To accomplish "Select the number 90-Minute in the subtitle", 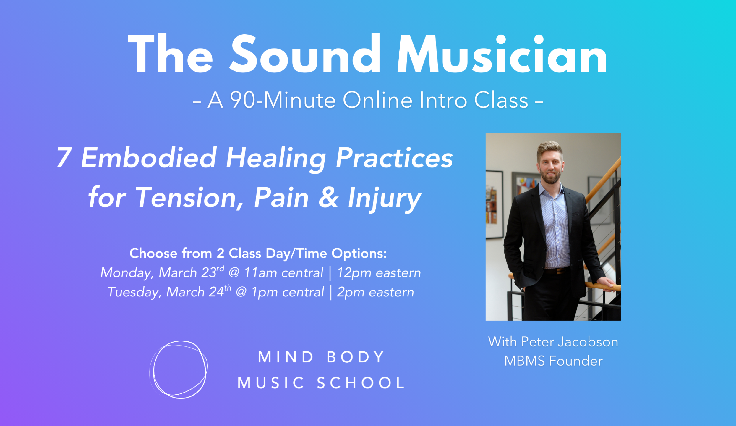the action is click(x=283, y=100).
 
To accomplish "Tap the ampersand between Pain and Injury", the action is click(x=328, y=198).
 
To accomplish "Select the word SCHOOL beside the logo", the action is click(x=361, y=383).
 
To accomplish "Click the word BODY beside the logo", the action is click(x=356, y=357).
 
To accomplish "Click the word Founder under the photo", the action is click(x=576, y=361).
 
